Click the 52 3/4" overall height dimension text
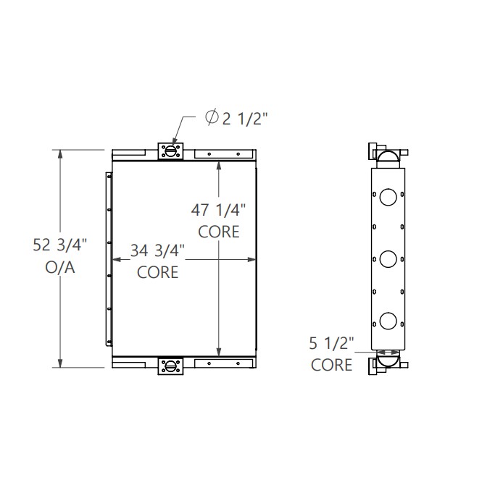[59, 245]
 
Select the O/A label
[60, 268]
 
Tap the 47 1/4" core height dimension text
[218, 211]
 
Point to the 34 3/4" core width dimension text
[158, 250]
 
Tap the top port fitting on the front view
[173, 151]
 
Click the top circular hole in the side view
[388, 195]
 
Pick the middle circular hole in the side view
[388, 258]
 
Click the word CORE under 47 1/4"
[218, 232]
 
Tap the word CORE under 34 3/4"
[158, 272]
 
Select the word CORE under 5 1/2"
[331, 365]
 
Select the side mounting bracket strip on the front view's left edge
[109, 258]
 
